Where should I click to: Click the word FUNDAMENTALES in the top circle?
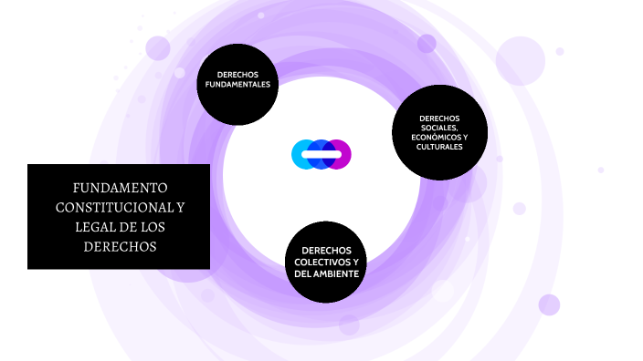click(x=237, y=84)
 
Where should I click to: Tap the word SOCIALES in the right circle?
click(x=438, y=128)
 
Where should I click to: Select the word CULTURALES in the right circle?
click(x=438, y=147)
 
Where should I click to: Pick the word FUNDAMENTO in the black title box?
click(x=119, y=188)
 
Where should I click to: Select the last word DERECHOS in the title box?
click(x=119, y=246)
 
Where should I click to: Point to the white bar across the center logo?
click(x=321, y=155)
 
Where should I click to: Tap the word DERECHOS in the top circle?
click(x=237, y=74)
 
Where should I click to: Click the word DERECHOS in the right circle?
click(x=439, y=118)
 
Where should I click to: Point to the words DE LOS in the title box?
click(x=151, y=226)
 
